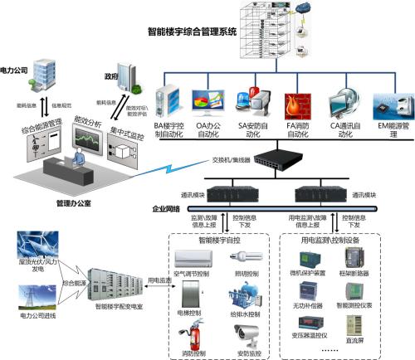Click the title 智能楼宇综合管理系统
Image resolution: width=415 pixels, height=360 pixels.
pyautogui.click(x=193, y=32)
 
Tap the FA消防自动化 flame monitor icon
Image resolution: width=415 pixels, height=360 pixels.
pyautogui.click(x=296, y=105)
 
